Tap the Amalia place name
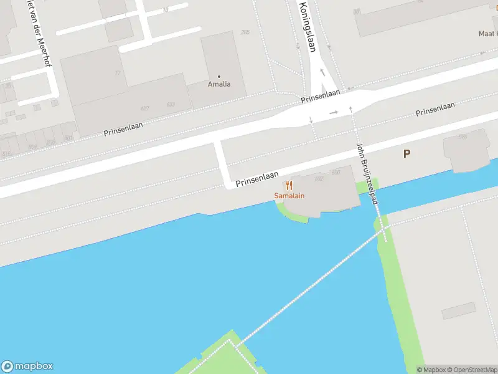(x=219, y=84)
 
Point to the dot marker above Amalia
(x=219, y=77)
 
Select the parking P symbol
(x=406, y=153)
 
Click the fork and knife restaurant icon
(x=289, y=186)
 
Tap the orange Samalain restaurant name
(x=289, y=196)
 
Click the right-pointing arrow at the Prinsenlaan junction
(x=334, y=112)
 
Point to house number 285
(x=245, y=32)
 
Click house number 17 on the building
(x=117, y=73)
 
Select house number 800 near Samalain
(x=336, y=172)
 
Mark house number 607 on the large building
(x=145, y=108)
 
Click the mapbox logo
(x=28, y=367)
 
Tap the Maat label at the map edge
(x=488, y=33)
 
